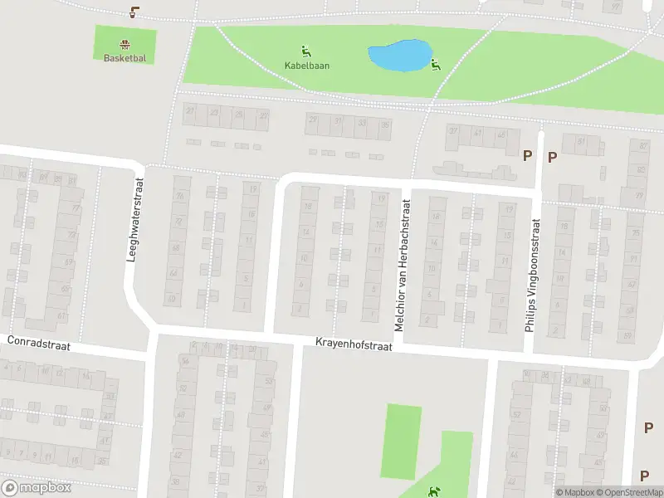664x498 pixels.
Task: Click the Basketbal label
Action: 124,58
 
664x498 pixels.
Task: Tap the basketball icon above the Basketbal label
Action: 124,45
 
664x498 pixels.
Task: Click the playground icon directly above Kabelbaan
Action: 305,51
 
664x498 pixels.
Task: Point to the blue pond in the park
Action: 398,56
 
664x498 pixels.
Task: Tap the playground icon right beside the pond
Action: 435,65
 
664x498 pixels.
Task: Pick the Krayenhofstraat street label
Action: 352,342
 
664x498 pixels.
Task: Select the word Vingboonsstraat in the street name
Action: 535,258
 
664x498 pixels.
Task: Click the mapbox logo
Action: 36,488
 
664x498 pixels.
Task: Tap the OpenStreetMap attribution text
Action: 628,492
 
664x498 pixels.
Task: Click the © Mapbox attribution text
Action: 576,492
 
